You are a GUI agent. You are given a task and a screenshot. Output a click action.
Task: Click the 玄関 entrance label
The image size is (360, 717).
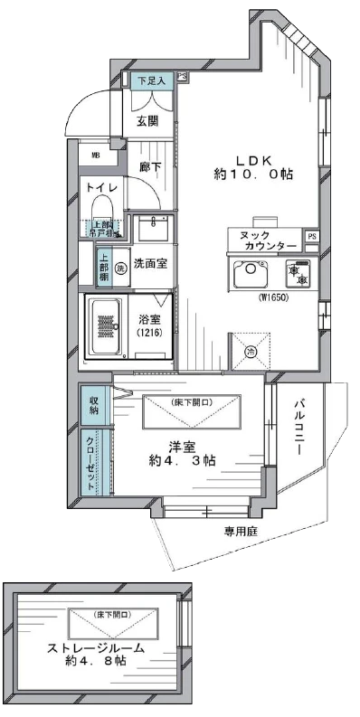coord(148,121)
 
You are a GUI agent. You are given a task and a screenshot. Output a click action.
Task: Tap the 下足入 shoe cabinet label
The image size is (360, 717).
coord(150,81)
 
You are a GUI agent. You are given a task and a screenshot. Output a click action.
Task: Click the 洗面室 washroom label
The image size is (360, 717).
coord(149,264)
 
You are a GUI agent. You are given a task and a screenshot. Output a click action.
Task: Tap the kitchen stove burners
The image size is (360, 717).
coord(296,272)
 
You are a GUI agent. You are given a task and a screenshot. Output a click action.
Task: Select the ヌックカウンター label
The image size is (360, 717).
coord(269,240)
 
